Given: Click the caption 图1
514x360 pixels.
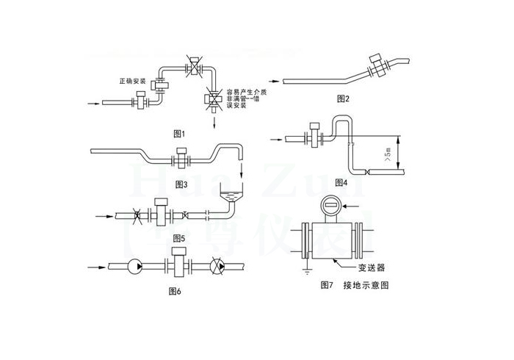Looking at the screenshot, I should pyautogui.click(x=178, y=133).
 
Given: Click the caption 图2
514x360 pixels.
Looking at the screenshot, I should pyautogui.click(x=343, y=98).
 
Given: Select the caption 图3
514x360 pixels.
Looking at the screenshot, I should pyautogui.click(x=182, y=184).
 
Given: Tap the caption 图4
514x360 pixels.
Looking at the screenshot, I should pyautogui.click(x=341, y=181).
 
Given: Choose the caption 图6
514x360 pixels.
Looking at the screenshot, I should pyautogui.click(x=175, y=292).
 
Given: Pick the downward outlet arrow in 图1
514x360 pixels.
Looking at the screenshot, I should pyautogui.click(x=216, y=123).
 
